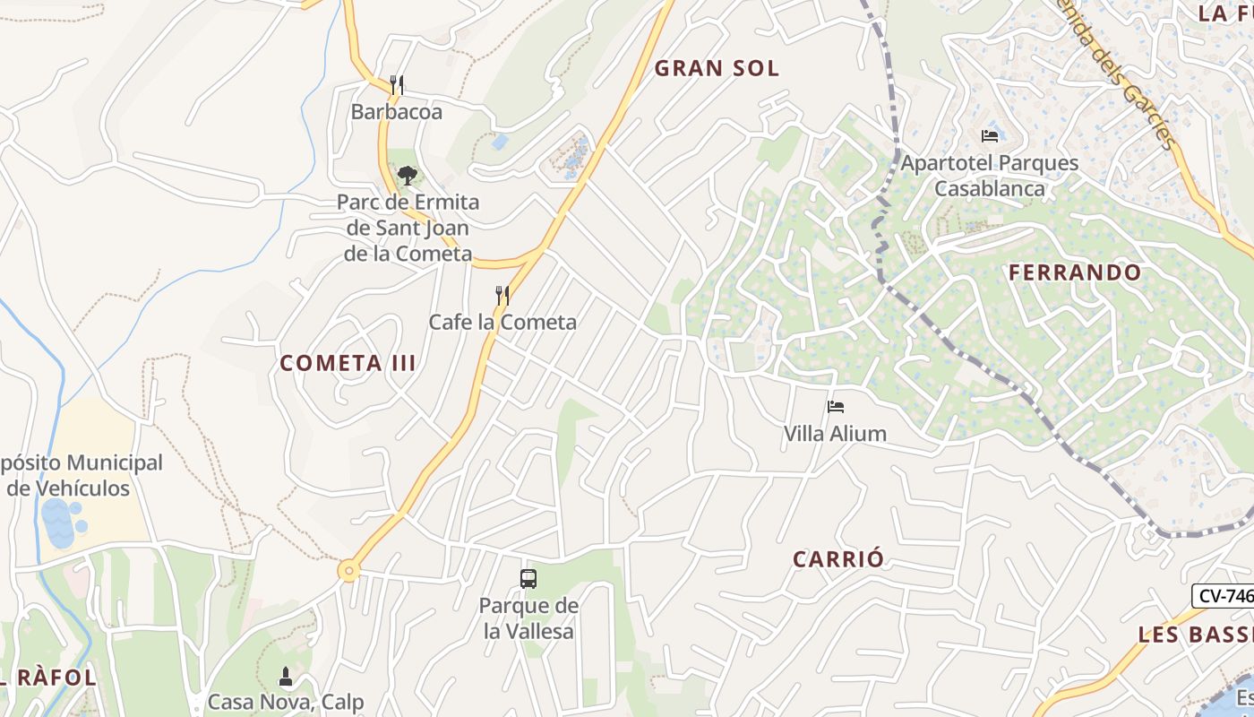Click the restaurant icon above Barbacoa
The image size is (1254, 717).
(397, 85)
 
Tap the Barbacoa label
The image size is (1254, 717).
(397, 112)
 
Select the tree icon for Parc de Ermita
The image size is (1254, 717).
(408, 175)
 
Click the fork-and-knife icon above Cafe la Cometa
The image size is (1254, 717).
(503, 295)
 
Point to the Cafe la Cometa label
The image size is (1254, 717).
(502, 322)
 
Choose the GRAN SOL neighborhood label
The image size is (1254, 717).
(717, 68)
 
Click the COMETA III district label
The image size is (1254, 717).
(348, 363)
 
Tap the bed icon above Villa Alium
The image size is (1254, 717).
(836, 407)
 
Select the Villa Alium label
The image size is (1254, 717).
(835, 434)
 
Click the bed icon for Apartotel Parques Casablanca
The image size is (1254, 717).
(990, 136)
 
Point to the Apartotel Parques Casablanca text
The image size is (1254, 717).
(990, 176)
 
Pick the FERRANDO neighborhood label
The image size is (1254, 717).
(1075, 272)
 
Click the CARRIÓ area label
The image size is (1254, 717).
(838, 559)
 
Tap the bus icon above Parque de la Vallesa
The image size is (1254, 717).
(528, 579)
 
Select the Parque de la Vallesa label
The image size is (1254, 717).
(528, 618)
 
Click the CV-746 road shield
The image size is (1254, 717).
(1223, 595)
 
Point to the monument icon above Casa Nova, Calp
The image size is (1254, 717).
(286, 676)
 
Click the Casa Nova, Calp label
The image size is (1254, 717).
(286, 701)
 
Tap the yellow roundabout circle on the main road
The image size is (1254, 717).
(348, 570)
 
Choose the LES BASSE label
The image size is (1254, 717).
(1195, 635)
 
